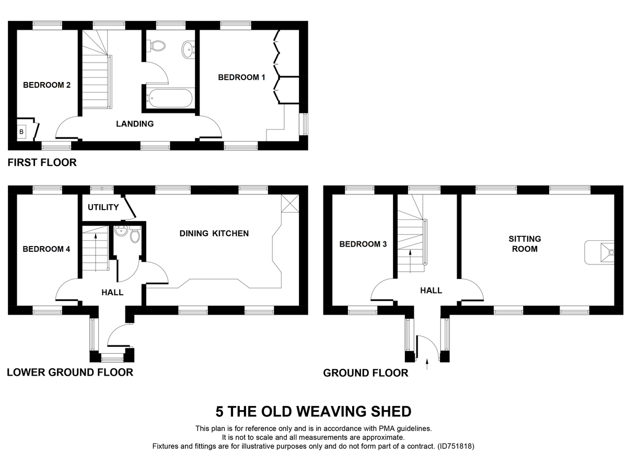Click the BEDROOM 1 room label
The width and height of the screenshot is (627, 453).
coord(241,77)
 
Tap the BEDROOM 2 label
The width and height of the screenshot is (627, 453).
coord(47,85)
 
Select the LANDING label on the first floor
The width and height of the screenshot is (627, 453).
coord(135,124)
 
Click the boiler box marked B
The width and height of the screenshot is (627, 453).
coord(21,132)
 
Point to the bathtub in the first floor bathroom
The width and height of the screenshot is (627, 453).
coord(170,98)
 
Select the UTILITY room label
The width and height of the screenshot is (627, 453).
coord(103,207)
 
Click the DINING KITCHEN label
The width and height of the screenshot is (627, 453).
coord(214,233)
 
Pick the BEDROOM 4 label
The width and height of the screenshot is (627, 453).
coord(46,249)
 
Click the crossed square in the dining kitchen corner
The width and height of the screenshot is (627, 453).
coord(290,203)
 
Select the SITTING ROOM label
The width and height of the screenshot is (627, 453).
coord(525,244)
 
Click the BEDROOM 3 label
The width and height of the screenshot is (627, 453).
coord(363,244)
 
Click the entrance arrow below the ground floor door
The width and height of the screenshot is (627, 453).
coord(428,364)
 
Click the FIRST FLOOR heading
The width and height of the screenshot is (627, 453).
coord(42,162)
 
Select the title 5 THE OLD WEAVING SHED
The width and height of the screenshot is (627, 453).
coord(313,411)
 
